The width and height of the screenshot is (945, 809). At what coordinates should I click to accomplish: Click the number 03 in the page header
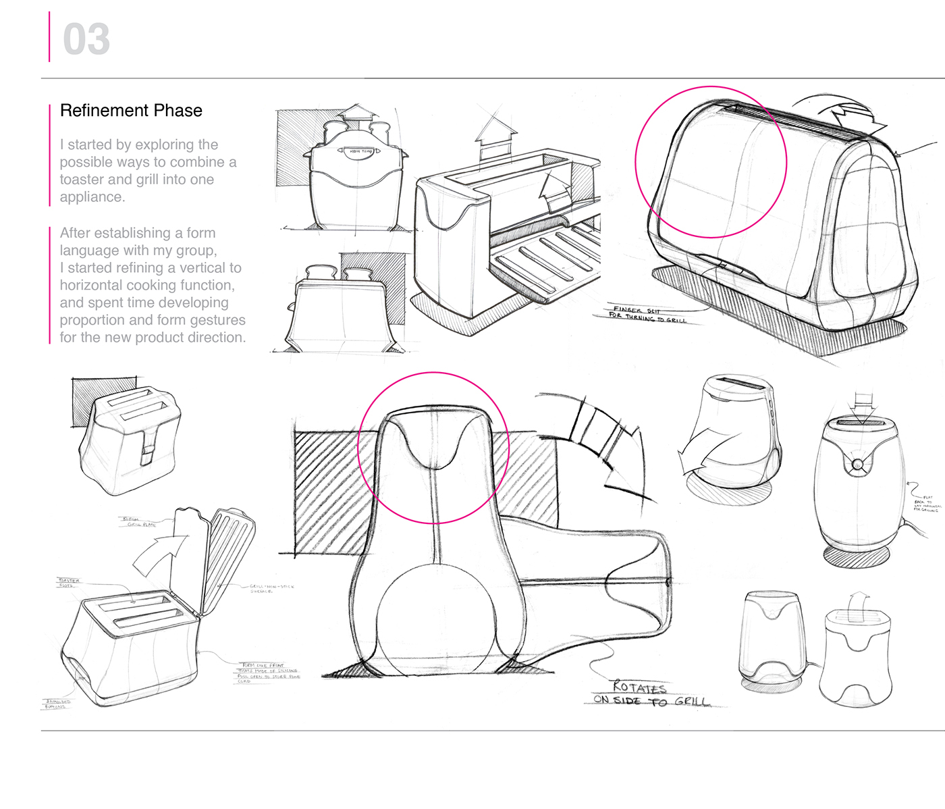(x=86, y=39)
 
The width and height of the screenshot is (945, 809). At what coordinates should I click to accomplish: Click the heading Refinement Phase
(x=131, y=111)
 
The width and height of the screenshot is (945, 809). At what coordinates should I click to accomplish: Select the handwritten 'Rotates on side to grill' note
(x=651, y=694)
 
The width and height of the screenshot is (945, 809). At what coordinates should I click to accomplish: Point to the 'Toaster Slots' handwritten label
(x=69, y=583)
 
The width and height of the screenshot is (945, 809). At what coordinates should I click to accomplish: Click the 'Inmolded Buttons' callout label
(x=57, y=704)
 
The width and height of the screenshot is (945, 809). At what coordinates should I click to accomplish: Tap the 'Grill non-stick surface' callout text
(x=271, y=589)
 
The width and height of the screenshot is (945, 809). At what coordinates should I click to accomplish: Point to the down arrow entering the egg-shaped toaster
(x=864, y=407)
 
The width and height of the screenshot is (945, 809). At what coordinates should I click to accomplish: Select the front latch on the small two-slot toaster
(x=148, y=446)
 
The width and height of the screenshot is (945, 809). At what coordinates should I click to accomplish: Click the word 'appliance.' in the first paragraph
(x=92, y=197)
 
